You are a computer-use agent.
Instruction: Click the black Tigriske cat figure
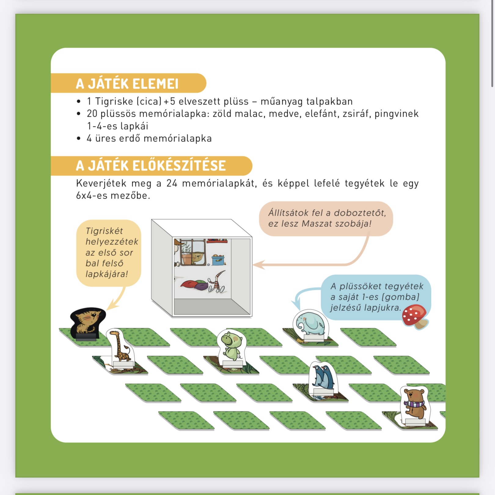pos(88,324)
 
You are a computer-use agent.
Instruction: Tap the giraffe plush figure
pos(121,348)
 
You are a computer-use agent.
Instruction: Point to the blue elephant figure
pos(310,326)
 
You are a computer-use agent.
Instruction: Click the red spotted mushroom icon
pos(415,317)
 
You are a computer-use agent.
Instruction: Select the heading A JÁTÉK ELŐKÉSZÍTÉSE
pos(151,166)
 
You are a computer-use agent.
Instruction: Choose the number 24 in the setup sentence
pos(172,183)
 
